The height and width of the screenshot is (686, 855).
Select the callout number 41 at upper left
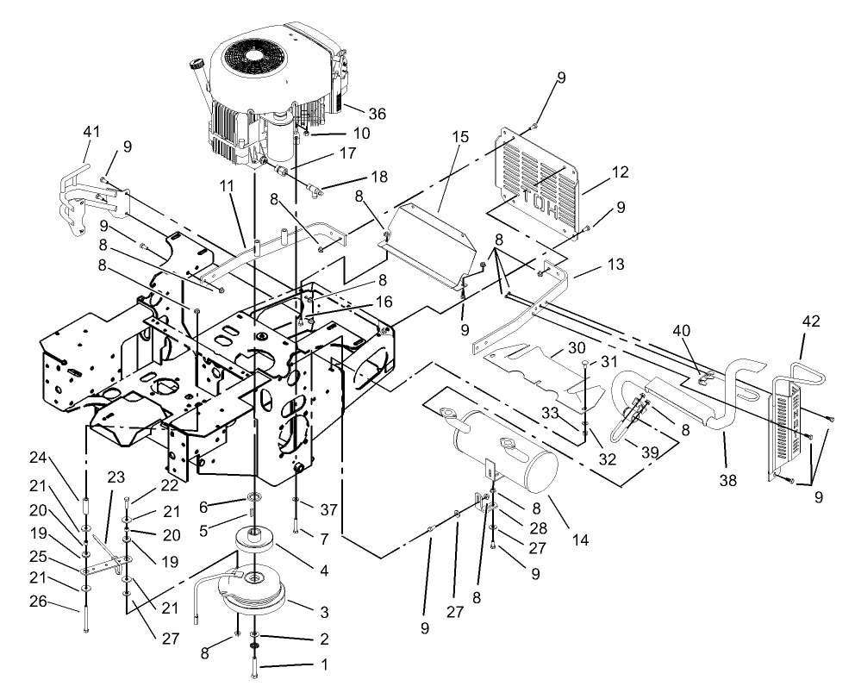click(92, 133)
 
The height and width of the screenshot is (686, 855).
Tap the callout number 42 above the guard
click(812, 321)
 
